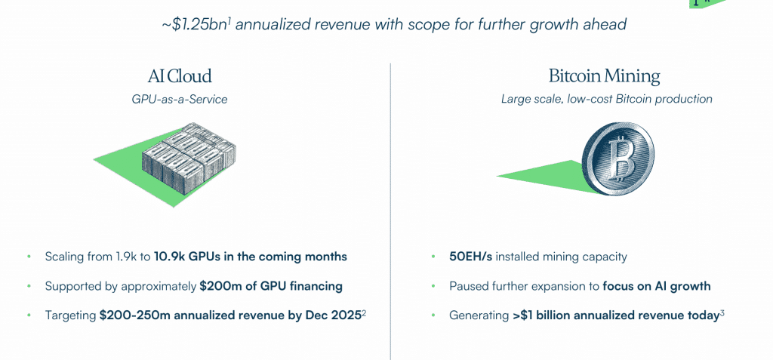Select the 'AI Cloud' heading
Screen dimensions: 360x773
point(180,76)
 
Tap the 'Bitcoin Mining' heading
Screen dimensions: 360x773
point(604,76)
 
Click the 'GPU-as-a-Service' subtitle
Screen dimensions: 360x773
point(180,99)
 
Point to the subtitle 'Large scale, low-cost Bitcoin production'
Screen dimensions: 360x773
point(607,99)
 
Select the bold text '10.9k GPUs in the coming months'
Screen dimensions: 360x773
point(251,257)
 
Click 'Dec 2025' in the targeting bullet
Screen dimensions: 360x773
point(332,315)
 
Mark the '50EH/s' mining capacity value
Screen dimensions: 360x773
point(471,257)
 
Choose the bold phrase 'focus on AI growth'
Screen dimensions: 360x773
point(657,286)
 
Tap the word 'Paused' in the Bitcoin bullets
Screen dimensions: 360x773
point(470,286)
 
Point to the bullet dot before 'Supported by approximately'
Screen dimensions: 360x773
point(29,286)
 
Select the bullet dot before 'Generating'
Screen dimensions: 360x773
point(433,315)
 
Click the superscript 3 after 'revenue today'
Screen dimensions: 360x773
point(722,312)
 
